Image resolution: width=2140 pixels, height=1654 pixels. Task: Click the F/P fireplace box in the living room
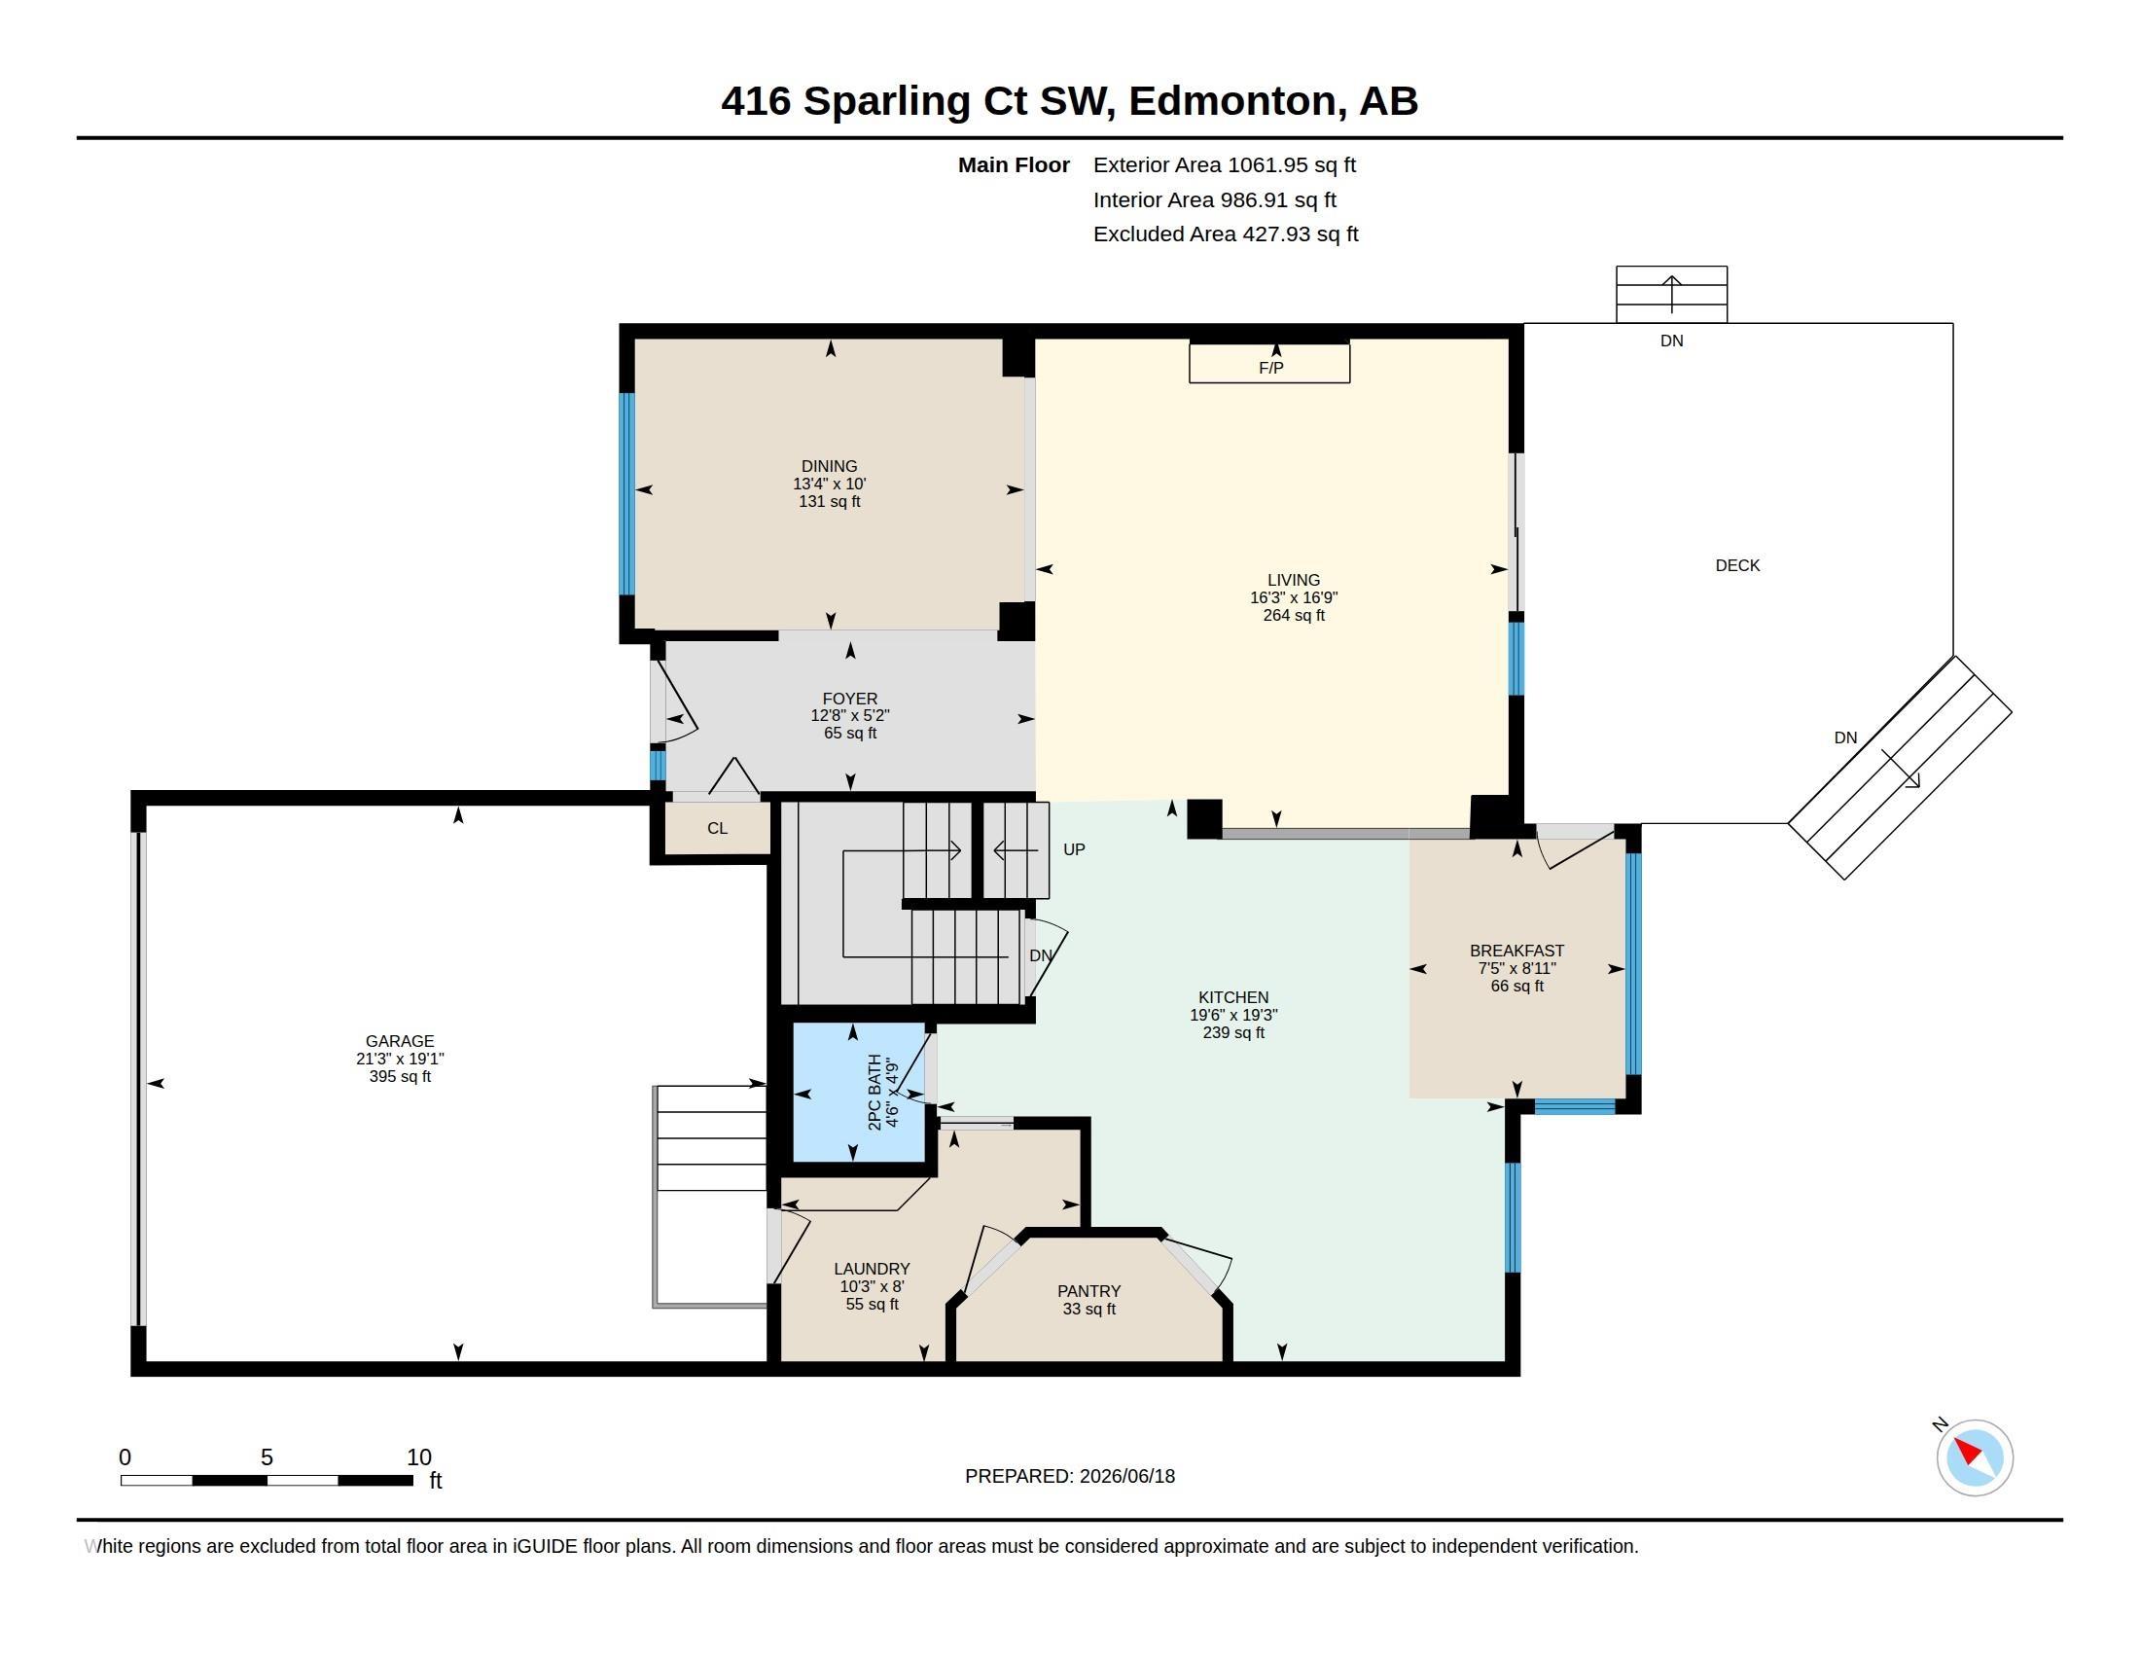[1268, 363]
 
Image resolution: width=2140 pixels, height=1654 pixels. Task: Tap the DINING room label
[829, 466]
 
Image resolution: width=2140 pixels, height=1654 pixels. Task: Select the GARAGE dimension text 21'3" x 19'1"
[400, 1060]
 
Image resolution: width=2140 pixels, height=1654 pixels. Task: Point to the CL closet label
[717, 828]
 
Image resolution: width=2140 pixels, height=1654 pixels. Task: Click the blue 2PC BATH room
[858, 1093]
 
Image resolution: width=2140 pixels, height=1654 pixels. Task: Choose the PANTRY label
[1088, 1291]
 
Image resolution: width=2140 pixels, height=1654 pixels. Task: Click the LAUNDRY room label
[873, 1269]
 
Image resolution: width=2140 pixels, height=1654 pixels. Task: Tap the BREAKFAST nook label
[1516, 951]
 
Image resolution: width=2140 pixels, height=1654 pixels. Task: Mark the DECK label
[1737, 565]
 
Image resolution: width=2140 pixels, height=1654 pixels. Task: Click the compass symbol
[1975, 1457]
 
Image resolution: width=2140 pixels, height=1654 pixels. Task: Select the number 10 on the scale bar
[419, 1457]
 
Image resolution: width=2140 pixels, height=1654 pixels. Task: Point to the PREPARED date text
[1070, 1476]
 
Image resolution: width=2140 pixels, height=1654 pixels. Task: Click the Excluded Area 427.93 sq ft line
[1226, 234]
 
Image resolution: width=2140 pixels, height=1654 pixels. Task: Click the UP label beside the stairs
[1074, 849]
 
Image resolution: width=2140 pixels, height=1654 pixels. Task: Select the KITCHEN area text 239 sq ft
[1233, 1032]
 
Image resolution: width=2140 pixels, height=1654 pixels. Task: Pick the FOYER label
[849, 699]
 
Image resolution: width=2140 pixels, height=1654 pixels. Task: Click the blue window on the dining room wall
[627, 494]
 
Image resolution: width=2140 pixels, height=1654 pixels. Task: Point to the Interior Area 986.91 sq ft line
[1215, 199]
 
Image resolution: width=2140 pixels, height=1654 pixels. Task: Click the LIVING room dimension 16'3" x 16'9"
[1294, 597]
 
